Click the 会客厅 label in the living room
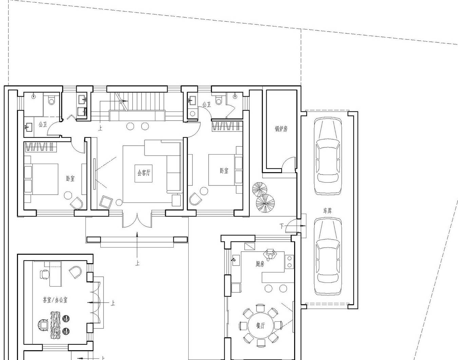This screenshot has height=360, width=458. [144, 173]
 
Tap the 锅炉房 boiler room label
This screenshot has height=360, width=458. [281, 129]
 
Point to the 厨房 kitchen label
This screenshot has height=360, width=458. [260, 264]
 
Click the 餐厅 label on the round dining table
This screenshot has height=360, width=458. [260, 326]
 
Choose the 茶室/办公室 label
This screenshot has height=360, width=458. [55, 300]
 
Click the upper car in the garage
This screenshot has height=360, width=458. [328, 156]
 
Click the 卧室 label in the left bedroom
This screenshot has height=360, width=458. [70, 179]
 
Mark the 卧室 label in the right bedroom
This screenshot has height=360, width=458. [224, 170]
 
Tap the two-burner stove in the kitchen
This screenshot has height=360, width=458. [289, 262]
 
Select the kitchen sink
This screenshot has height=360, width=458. [236, 260]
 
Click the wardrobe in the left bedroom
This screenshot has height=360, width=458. [41, 147]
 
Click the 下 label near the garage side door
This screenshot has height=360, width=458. [282, 226]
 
